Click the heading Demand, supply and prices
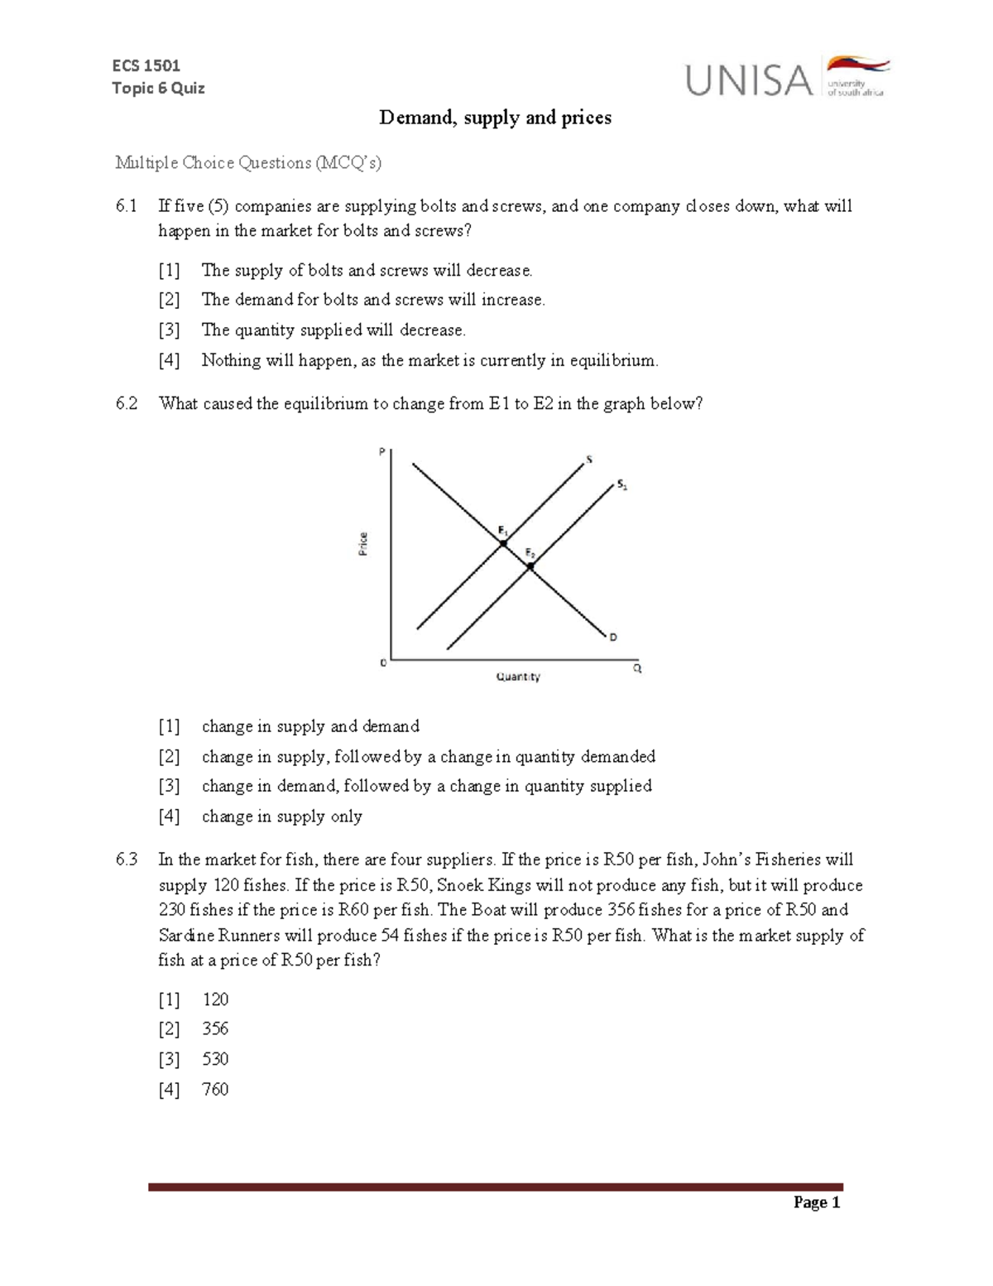[x=495, y=118]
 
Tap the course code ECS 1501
[x=146, y=65]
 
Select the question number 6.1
[x=127, y=206]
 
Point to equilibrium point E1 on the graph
[x=502, y=543]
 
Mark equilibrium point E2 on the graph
[x=530, y=566]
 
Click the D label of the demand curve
[x=613, y=637]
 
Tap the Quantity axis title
[x=518, y=677]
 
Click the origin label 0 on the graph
[x=382, y=662]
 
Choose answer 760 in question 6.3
[x=215, y=1089]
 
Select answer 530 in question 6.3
[x=215, y=1059]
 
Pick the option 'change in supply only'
[x=281, y=816]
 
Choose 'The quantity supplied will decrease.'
[x=333, y=330]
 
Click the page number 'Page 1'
[x=817, y=1202]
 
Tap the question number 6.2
[x=127, y=404]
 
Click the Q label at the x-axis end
[x=637, y=667]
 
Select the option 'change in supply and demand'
[x=310, y=726]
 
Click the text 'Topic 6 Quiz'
[x=158, y=88]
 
